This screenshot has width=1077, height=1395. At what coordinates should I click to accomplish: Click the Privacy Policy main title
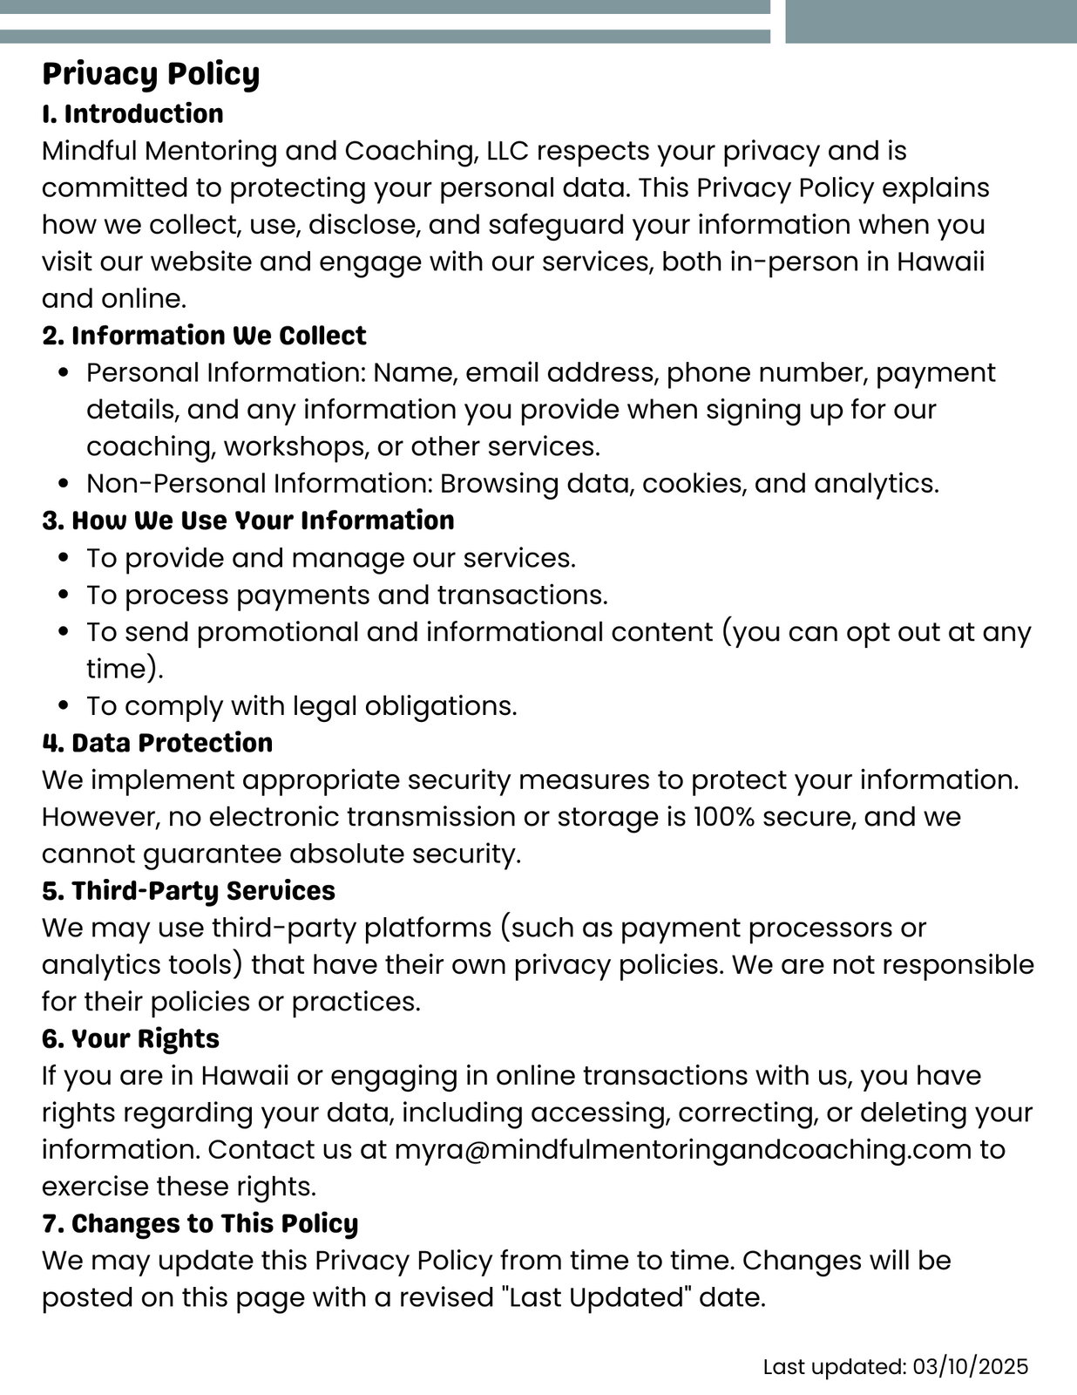coord(151,74)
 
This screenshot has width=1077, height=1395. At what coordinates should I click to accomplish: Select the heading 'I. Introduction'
coord(132,113)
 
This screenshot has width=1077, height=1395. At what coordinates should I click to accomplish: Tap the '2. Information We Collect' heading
coord(204,336)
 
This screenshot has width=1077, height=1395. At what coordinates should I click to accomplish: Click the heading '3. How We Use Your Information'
coord(247,521)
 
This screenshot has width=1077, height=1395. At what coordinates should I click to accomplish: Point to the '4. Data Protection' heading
coord(157,743)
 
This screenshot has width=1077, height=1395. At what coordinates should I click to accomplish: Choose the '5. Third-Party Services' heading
coord(188,891)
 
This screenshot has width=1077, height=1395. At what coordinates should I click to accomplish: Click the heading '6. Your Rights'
coord(131,1039)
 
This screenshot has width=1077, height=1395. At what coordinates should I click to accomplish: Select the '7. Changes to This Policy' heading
coord(200,1224)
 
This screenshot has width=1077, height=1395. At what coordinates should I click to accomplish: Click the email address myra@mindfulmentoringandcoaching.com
coord(682,1150)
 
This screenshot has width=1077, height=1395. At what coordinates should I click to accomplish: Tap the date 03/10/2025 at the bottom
coord(971,1366)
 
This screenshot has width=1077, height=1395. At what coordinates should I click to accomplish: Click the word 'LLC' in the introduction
coord(507,151)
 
